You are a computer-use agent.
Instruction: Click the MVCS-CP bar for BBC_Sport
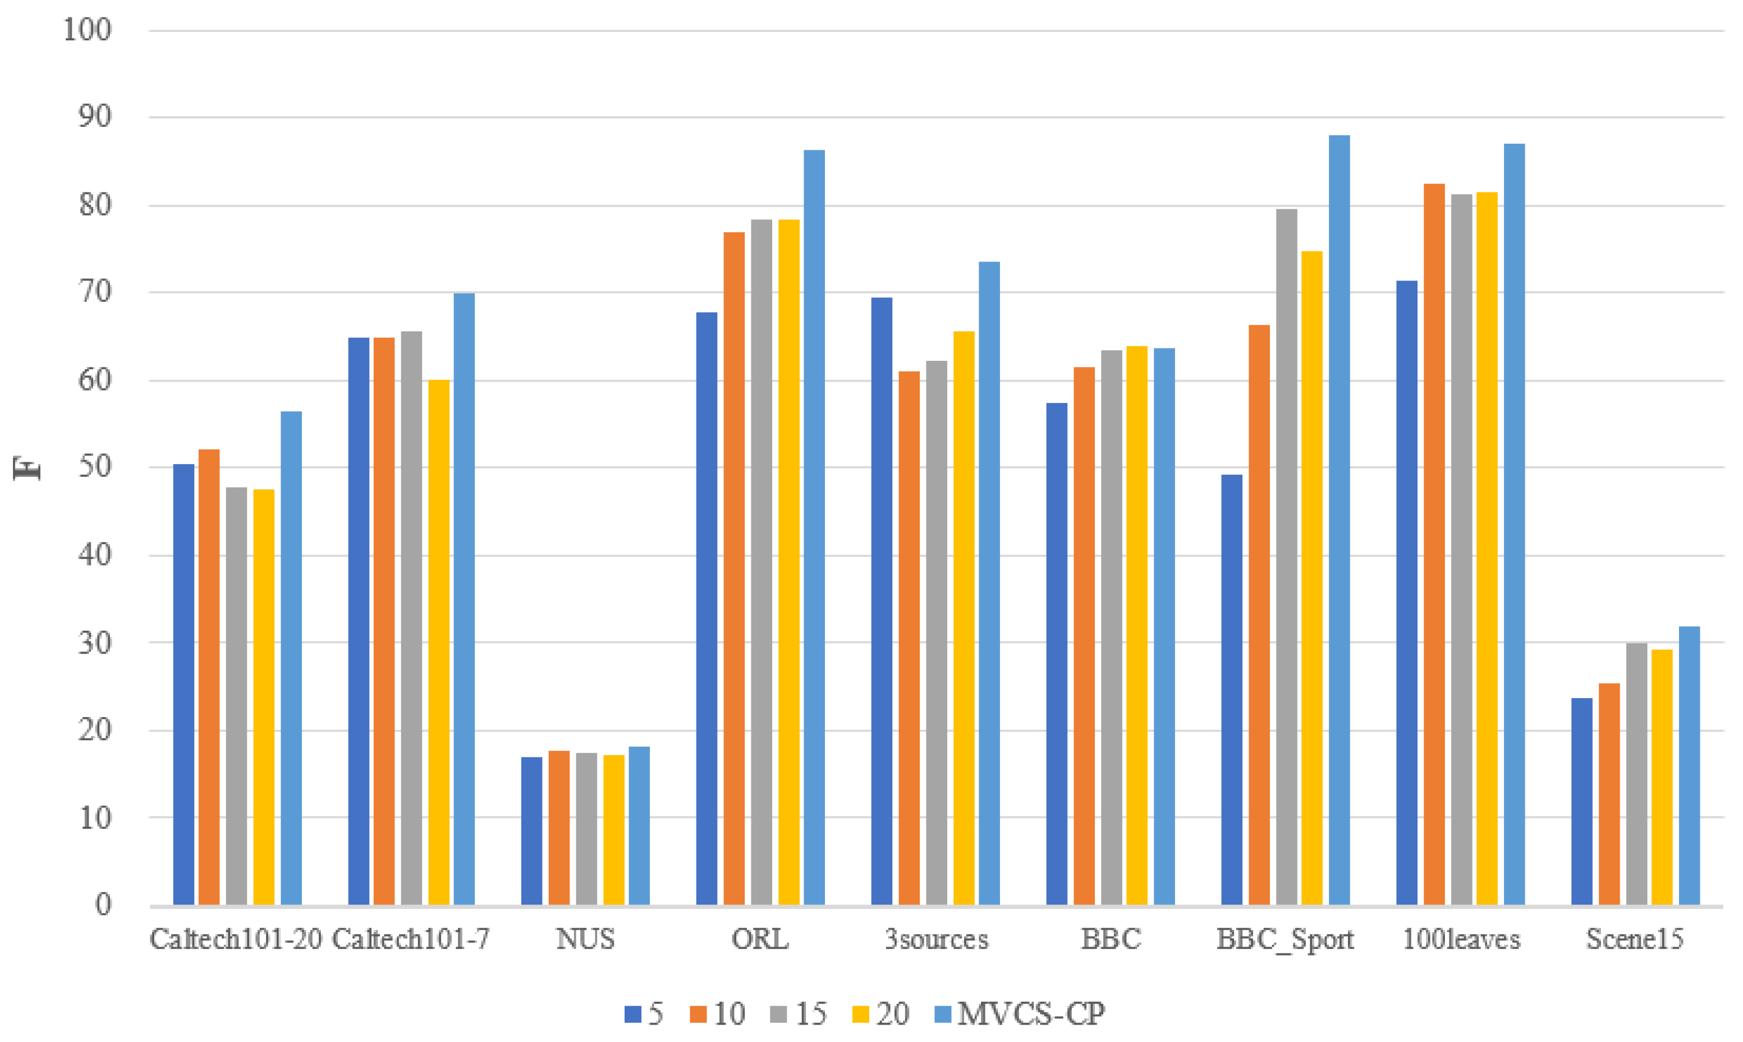[1338, 520]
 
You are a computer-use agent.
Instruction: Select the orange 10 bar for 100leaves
[1434, 544]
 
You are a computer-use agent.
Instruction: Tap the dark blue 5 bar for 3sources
[882, 601]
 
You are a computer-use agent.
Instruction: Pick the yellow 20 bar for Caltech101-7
[439, 642]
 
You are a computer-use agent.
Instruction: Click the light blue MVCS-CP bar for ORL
[814, 527]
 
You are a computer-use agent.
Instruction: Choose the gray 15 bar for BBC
[1112, 627]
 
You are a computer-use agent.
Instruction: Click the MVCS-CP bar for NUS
[639, 825]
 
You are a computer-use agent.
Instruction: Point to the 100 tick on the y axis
[88, 30]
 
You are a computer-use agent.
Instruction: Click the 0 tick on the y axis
[103, 905]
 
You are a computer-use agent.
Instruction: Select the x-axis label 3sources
[936, 939]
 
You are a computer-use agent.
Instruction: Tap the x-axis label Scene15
[1635, 939]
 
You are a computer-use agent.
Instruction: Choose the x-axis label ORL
[760, 939]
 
